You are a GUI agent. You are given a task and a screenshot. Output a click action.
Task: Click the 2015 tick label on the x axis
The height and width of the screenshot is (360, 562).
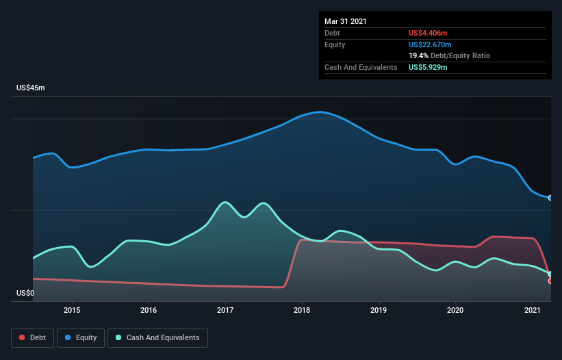point(72,310)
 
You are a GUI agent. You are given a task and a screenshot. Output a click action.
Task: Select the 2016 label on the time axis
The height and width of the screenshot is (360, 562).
point(149,310)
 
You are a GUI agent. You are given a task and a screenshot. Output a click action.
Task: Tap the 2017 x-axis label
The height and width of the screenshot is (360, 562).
point(225,310)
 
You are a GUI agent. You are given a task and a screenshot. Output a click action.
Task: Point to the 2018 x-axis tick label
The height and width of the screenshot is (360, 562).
point(302,310)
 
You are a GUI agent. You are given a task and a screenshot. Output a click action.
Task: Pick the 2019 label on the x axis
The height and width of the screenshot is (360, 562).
point(379,310)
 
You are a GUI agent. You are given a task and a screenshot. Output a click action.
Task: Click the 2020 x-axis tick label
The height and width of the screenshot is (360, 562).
point(456,310)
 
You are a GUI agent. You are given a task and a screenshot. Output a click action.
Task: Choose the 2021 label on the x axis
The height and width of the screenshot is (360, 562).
point(533,310)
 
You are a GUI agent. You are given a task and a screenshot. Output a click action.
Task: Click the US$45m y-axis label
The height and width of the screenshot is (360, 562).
point(31,88)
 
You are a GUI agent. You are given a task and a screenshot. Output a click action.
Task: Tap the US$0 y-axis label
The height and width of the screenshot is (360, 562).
point(25,294)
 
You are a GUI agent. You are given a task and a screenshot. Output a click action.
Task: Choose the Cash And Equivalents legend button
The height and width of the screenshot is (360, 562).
point(157,337)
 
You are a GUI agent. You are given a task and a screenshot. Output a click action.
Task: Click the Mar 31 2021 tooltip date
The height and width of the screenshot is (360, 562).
point(345,21)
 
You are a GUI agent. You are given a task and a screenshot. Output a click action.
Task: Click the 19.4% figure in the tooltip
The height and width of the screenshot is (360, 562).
point(418,55)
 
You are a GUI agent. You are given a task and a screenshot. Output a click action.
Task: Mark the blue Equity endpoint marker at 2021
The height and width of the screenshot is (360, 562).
point(550,198)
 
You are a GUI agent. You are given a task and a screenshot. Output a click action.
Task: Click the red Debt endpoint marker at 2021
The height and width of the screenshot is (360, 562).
point(550,281)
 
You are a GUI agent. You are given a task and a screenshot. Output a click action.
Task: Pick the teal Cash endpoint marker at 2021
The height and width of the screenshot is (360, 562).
point(550,274)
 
